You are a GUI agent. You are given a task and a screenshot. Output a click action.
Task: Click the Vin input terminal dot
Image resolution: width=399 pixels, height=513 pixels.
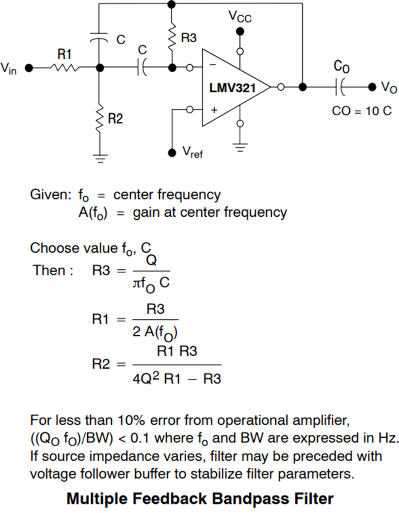pyautogui.click(x=29, y=68)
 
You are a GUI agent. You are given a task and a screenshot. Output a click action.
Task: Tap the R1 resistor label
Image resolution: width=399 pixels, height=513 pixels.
pyautogui.click(x=65, y=54)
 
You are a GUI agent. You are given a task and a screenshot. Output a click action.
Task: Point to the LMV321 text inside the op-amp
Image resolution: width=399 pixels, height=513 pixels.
pyautogui.click(x=232, y=88)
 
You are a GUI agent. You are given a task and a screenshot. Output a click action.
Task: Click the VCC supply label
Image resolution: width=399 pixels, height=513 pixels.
pyautogui.click(x=240, y=16)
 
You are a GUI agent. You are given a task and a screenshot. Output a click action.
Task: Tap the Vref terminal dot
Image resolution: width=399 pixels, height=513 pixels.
pyautogui.click(x=172, y=153)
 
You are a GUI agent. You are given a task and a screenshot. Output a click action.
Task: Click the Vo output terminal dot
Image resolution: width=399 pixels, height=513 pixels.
pyautogui.click(x=372, y=87)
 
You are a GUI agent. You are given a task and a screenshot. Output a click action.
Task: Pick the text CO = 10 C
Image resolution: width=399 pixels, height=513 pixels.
pyautogui.click(x=362, y=111)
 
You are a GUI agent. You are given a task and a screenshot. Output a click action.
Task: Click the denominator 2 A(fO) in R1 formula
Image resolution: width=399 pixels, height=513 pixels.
pyautogui.click(x=155, y=332)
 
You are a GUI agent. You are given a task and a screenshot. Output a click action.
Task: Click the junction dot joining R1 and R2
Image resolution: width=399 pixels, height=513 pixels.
pyautogui.click(x=99, y=68)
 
